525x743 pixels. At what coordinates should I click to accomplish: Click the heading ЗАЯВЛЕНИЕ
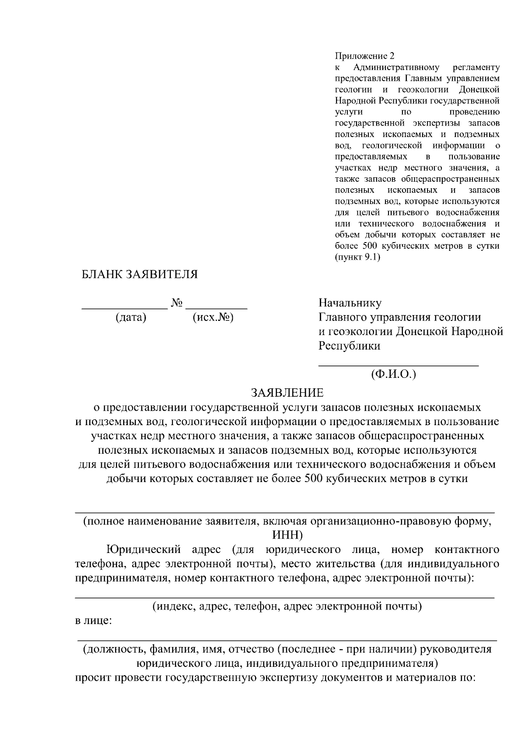287,392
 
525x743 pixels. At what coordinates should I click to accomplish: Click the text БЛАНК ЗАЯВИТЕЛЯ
140,275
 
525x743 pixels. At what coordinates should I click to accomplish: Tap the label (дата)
131,317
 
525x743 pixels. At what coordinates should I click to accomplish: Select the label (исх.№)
213,317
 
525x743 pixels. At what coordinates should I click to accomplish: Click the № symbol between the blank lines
177,303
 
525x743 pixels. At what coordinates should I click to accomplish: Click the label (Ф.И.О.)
393,375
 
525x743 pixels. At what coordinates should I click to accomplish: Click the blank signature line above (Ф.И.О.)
398,364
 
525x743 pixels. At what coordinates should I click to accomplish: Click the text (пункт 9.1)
357,257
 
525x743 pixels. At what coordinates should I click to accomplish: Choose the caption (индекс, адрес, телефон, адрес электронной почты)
287,606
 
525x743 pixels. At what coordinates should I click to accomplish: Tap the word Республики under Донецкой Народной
349,346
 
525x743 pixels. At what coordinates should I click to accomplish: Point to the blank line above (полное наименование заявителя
285,512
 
